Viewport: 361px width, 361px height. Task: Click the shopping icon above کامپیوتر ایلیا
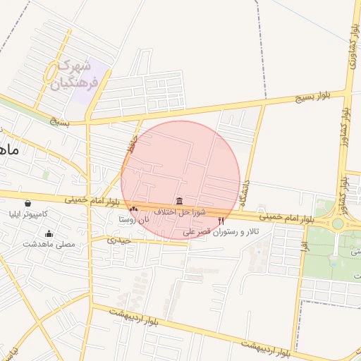pyautogui.click(x=27, y=204)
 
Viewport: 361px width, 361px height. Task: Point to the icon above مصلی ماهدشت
pyautogui.click(x=49, y=234)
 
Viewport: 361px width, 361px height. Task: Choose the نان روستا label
pyautogui.click(x=134, y=220)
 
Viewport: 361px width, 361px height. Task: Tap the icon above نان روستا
pyautogui.click(x=133, y=209)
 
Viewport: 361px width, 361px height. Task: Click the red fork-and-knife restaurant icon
pyautogui.click(x=221, y=221)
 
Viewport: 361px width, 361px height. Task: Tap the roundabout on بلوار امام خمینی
pyautogui.click(x=338, y=224)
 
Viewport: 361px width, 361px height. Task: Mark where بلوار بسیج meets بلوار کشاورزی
pyautogui.click(x=347, y=91)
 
